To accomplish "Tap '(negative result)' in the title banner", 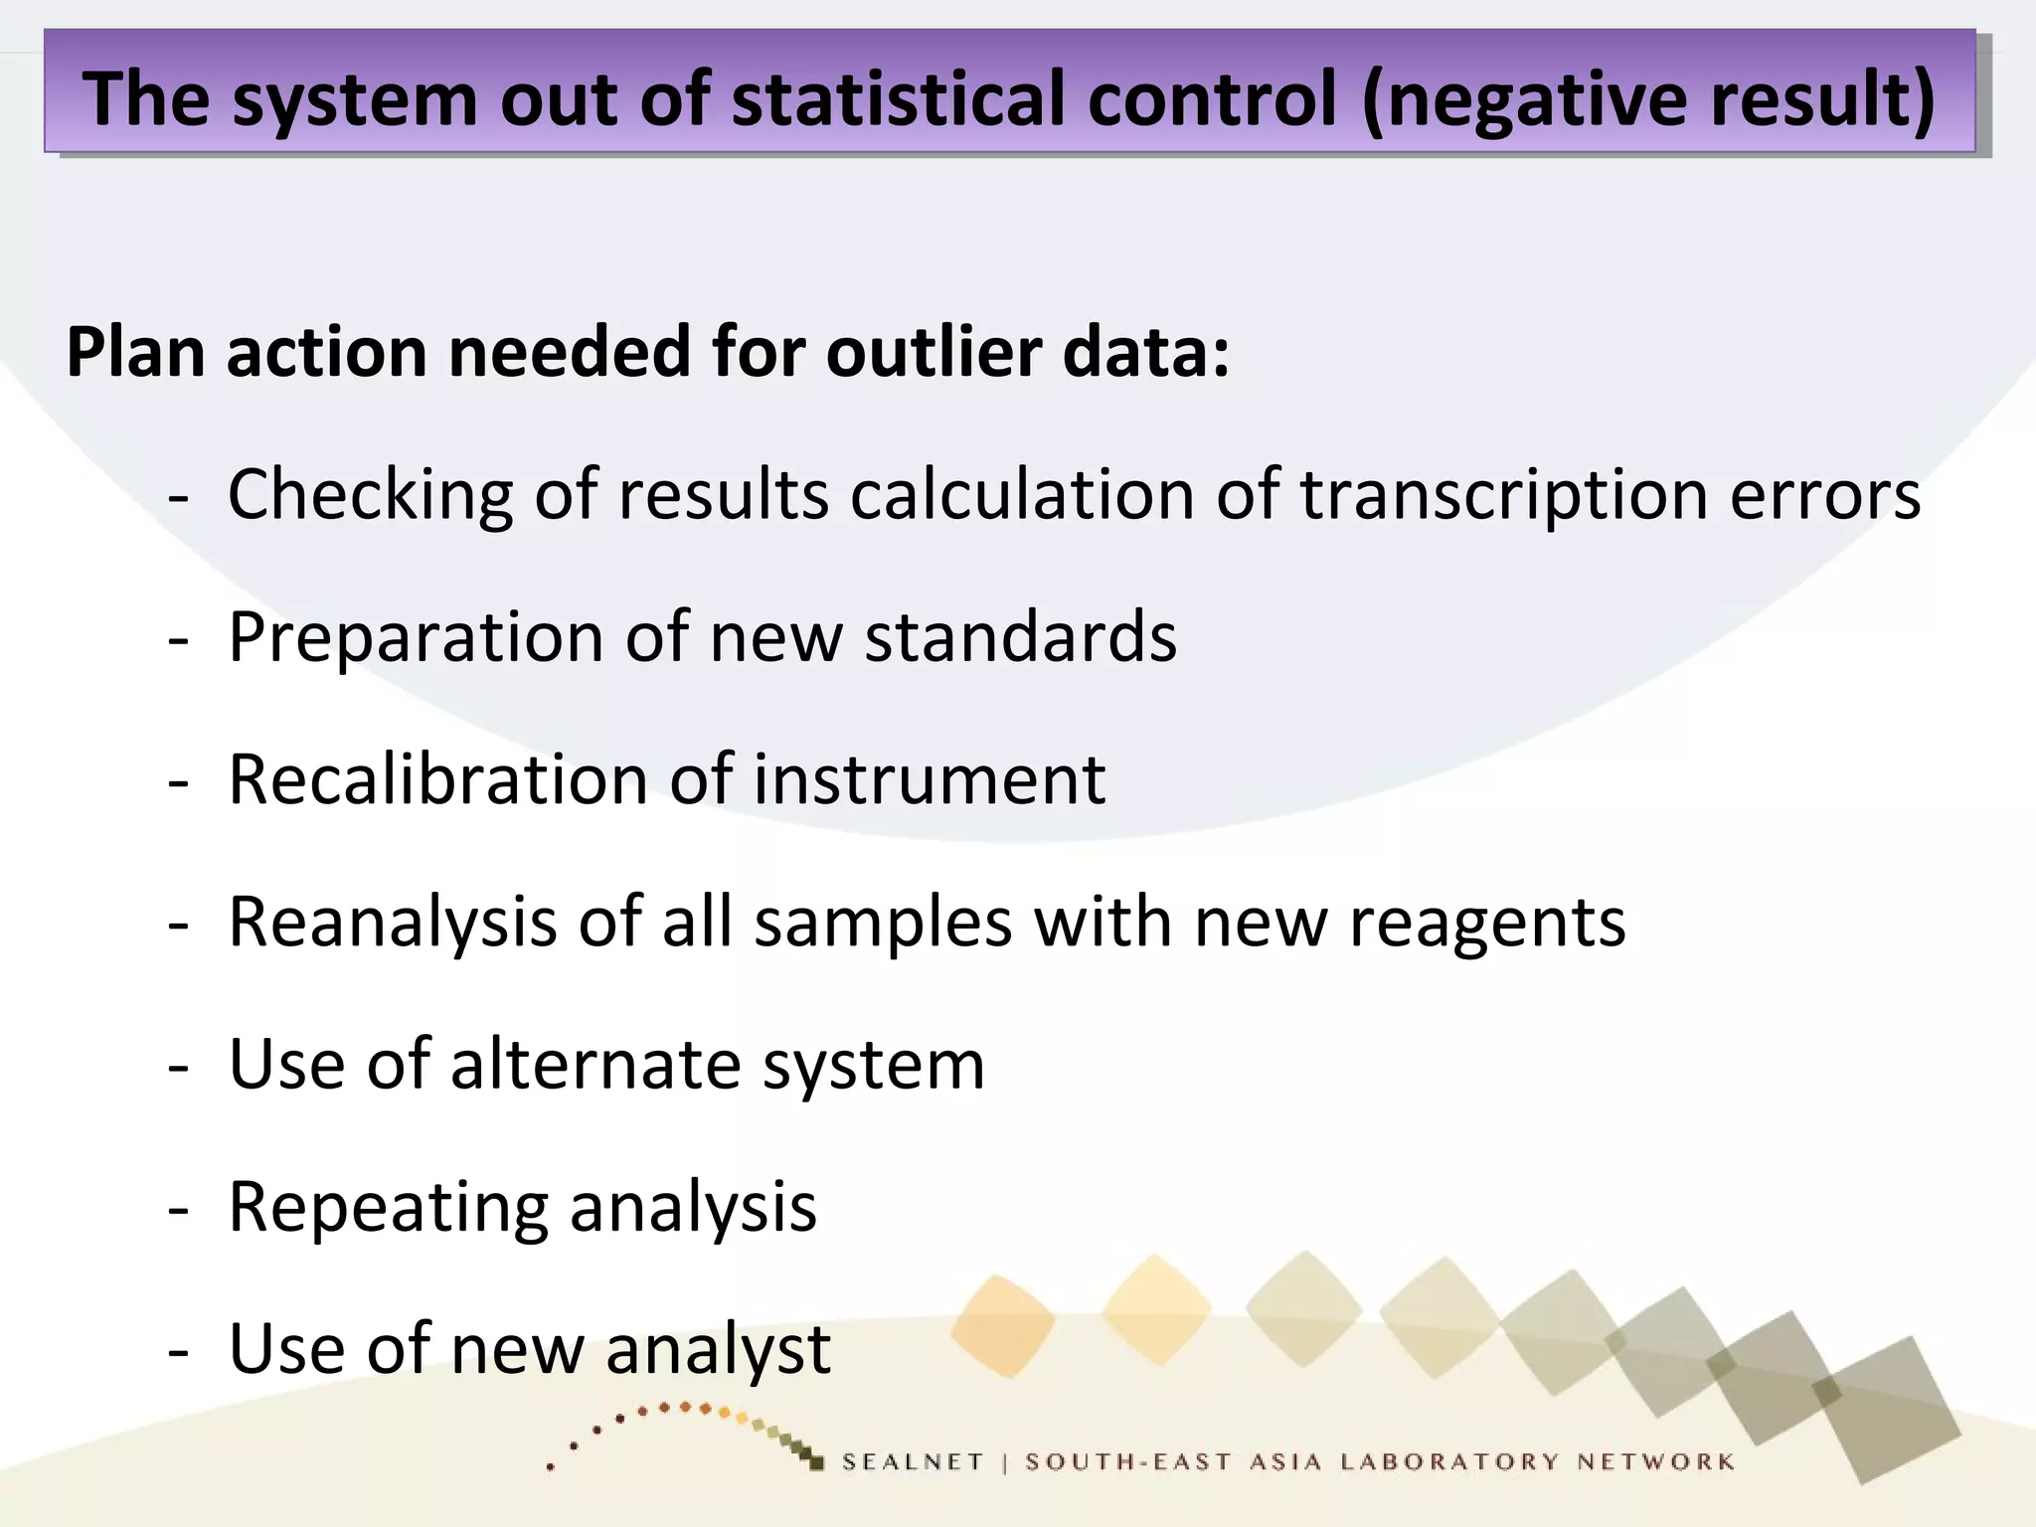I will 1647,98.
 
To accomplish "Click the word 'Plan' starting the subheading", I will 135,352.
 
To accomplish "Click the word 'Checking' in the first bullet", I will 370,494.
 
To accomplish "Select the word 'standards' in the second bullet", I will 1021,636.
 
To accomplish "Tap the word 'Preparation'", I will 416,636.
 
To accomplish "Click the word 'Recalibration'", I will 437,778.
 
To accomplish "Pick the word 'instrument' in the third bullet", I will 929,778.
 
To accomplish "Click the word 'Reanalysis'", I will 393,922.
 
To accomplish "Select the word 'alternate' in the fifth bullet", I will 595,1064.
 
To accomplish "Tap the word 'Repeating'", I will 388,1207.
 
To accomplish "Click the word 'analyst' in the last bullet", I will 718,1349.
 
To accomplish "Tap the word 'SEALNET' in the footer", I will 913,1461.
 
